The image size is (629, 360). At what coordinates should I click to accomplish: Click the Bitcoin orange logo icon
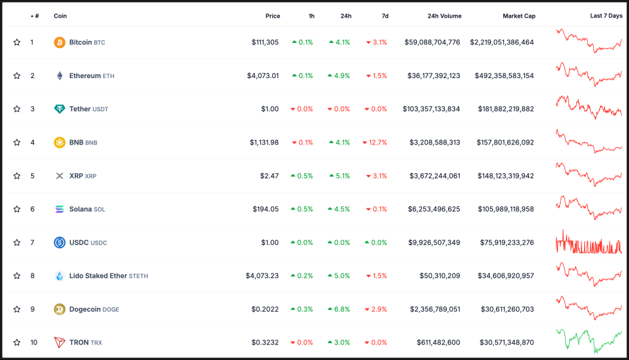(59, 42)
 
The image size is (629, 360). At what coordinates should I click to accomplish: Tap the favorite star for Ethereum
(17, 76)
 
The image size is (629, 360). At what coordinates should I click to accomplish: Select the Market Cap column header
(519, 16)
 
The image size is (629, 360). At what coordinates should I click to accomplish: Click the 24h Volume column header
(444, 16)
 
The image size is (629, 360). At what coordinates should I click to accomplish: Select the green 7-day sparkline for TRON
(589, 340)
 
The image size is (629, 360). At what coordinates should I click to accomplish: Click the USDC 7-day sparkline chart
(589, 243)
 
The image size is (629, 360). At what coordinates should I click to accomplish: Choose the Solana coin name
(80, 209)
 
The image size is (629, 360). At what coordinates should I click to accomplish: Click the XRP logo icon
(59, 176)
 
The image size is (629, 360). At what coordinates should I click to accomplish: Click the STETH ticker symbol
(138, 276)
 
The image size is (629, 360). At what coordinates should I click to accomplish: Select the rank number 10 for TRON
(34, 342)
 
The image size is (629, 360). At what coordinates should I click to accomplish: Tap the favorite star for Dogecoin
(17, 309)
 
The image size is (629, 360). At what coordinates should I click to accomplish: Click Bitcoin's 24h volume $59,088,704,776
(432, 42)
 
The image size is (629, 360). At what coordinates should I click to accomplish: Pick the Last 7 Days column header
(606, 16)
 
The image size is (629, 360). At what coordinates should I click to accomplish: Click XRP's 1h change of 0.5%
(302, 176)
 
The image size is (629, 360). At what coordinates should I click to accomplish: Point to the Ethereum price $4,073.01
(262, 76)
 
